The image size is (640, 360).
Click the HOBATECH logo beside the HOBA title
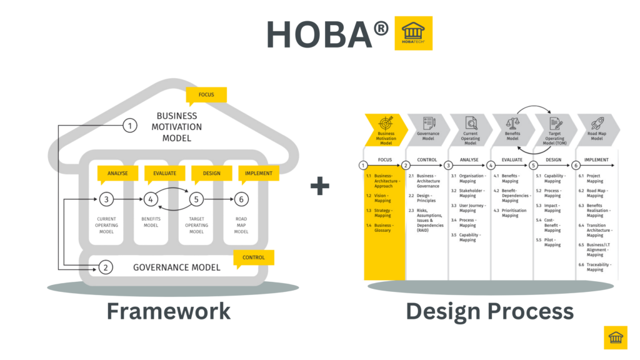[x=413, y=33]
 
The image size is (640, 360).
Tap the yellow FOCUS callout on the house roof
[x=206, y=95]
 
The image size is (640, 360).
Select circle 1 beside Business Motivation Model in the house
[x=129, y=126]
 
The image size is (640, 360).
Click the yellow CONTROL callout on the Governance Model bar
[x=253, y=257]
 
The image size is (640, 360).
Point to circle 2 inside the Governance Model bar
[x=107, y=267]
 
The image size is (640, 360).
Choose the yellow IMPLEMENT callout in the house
[x=258, y=173]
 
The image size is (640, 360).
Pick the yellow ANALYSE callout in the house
[x=117, y=173]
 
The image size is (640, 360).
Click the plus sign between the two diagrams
[x=320, y=186]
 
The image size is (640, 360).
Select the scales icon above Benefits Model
[x=512, y=122]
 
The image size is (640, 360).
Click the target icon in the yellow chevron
[x=385, y=122]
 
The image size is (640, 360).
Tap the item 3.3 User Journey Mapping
[x=471, y=207]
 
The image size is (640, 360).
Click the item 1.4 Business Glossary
[x=382, y=227]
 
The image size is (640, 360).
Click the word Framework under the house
[x=168, y=311]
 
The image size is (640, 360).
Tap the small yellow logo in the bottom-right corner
[x=616, y=337]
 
